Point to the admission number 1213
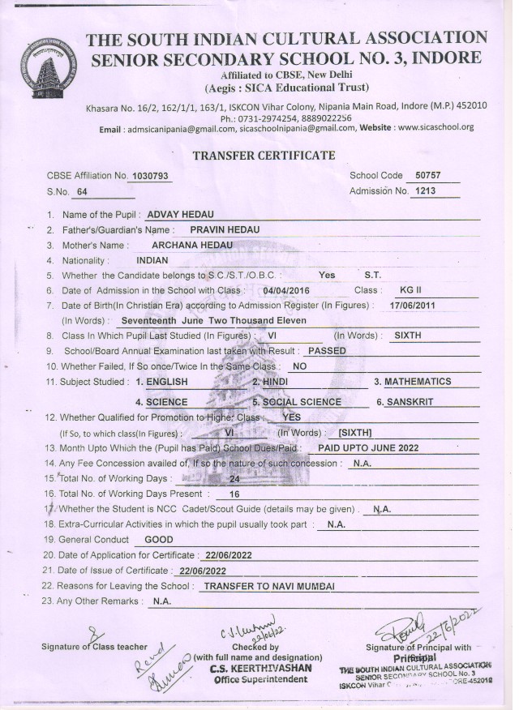423,191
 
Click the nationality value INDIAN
152,261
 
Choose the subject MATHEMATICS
418,381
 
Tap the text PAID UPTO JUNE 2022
368,447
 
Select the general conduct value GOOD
158,539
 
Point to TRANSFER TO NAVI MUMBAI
268,585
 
